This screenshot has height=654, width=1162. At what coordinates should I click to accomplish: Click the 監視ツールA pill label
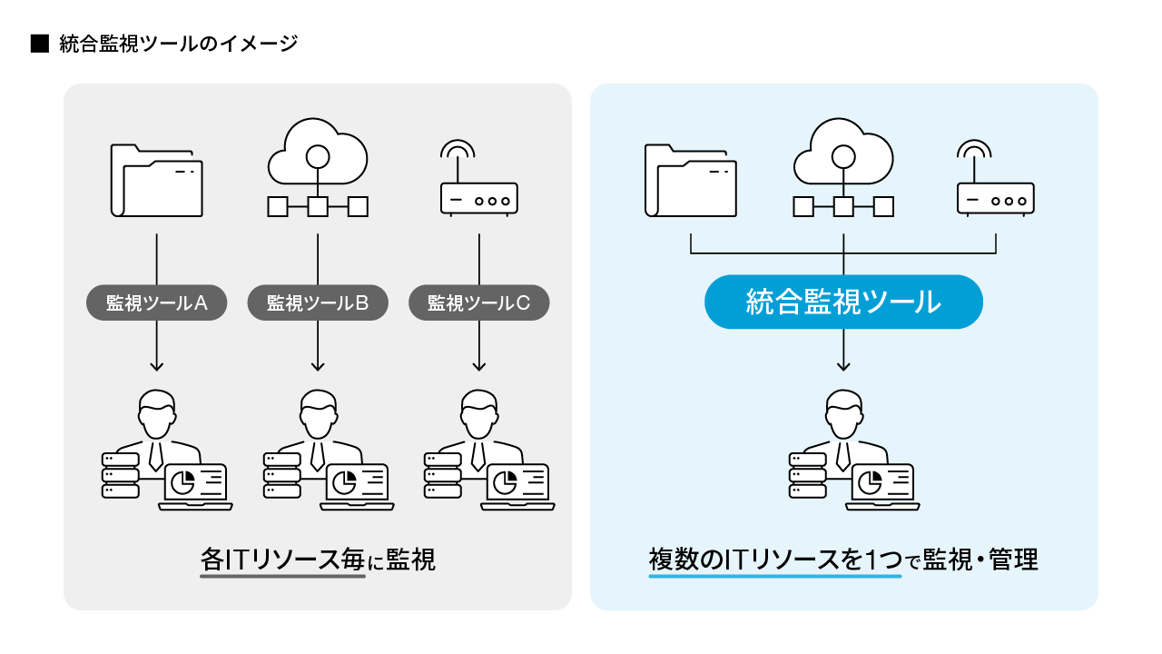coord(157,303)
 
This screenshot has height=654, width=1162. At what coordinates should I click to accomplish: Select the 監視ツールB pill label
coord(318,303)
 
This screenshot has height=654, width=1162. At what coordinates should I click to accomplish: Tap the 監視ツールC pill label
coord(478,303)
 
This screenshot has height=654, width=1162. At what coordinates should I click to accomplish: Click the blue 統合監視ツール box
coord(843,302)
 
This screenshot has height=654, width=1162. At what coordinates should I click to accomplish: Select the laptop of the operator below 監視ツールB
coord(357,486)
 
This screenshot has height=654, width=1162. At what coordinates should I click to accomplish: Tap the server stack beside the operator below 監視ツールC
coord(442,474)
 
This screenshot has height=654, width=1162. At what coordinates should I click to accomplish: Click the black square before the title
coord(39,43)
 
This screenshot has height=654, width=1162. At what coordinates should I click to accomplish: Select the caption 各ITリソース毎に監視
coord(318,560)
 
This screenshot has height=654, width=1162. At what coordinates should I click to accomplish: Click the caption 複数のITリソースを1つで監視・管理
coord(843,560)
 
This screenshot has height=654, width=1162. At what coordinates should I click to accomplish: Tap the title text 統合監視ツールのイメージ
coord(178,43)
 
